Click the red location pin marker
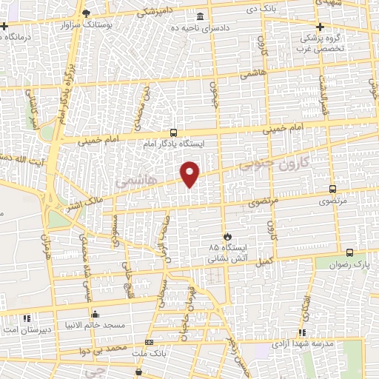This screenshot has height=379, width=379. coord(191,174)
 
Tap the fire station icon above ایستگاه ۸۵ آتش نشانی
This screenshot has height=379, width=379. coord(227,235)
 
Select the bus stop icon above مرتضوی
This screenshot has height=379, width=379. coord(332,189)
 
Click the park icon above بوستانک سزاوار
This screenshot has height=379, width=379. coord(87,14)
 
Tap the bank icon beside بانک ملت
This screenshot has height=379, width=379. coord(149,343)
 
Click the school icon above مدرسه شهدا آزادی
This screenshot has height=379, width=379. coord(301,332)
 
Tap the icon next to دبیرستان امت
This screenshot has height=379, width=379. coord(27,318)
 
